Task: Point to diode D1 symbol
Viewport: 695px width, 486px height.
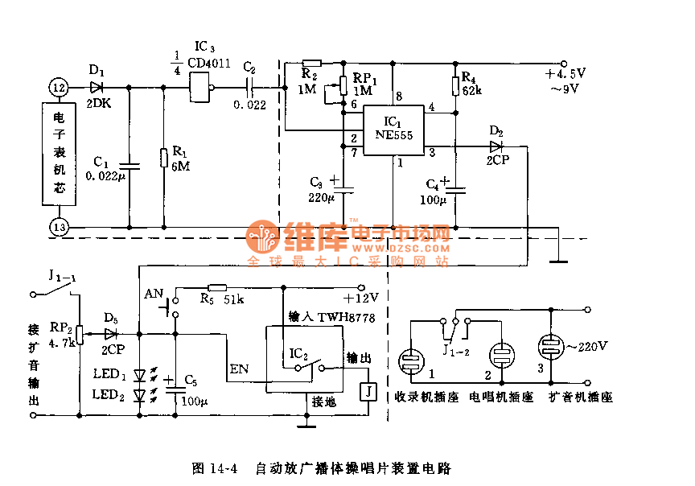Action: pyautogui.click(x=97, y=86)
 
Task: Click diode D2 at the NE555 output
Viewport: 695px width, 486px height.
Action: pyautogui.click(x=495, y=146)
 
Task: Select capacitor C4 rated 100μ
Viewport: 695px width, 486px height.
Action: pyautogui.click(x=455, y=190)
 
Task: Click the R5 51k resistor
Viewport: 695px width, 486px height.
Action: pyautogui.click(x=217, y=287)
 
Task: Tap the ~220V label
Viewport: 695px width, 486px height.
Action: pyautogui.click(x=590, y=347)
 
